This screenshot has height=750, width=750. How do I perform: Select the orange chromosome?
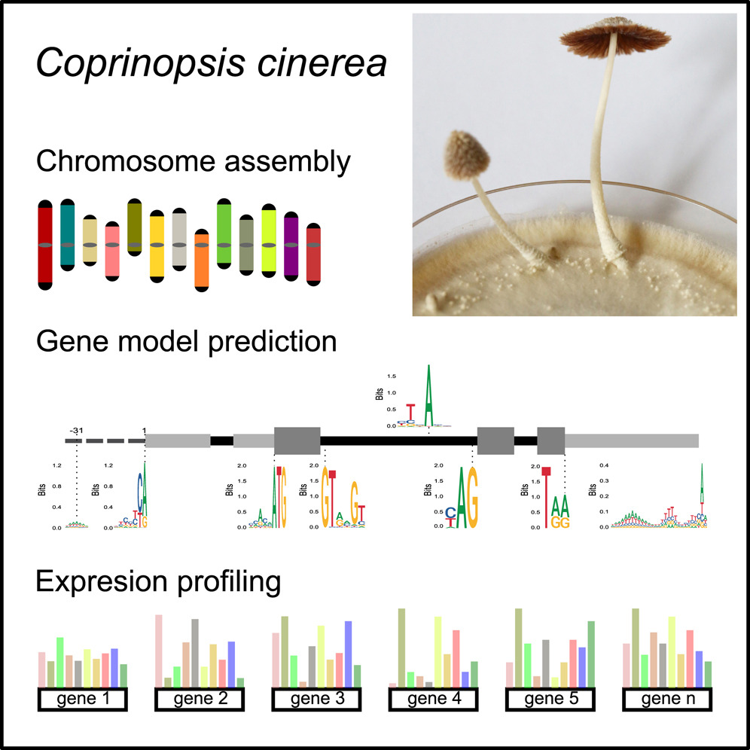point(201,260)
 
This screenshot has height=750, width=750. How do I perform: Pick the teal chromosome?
point(67,233)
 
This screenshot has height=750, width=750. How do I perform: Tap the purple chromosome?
point(291,245)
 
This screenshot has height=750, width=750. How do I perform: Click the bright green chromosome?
point(224,233)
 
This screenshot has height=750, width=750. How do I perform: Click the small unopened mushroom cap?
point(466,154)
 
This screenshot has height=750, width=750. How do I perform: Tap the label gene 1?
point(81,700)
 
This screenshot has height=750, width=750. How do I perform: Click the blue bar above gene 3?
point(348,653)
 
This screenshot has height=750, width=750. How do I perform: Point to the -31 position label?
point(75,430)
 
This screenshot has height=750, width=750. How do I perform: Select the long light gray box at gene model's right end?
point(632,441)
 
